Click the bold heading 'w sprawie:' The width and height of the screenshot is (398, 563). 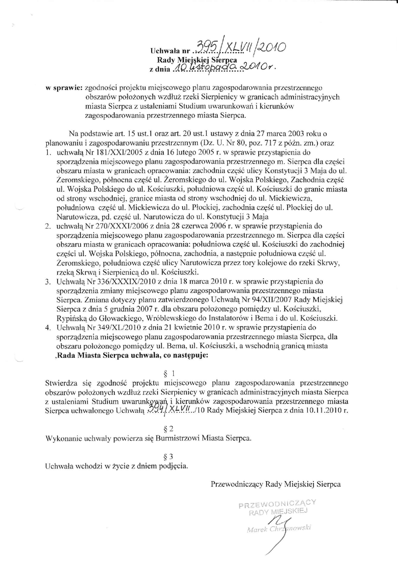[64, 87]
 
